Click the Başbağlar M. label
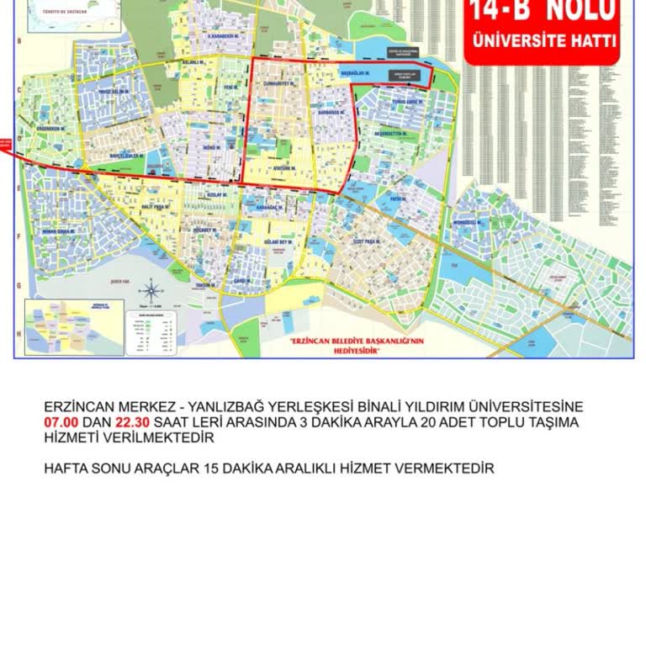point(356,73)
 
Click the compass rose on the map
point(151,293)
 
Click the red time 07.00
point(61,422)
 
